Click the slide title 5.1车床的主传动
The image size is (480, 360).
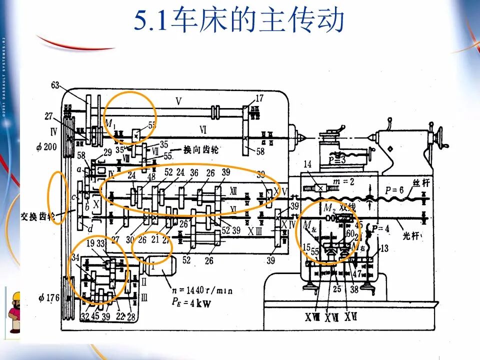(x=239, y=21)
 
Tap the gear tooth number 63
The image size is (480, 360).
(x=55, y=85)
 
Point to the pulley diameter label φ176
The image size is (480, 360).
(x=49, y=298)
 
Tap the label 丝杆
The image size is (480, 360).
(x=421, y=183)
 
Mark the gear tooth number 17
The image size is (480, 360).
(x=259, y=98)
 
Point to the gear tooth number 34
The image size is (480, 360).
(x=75, y=258)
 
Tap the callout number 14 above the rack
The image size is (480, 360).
(x=307, y=164)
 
